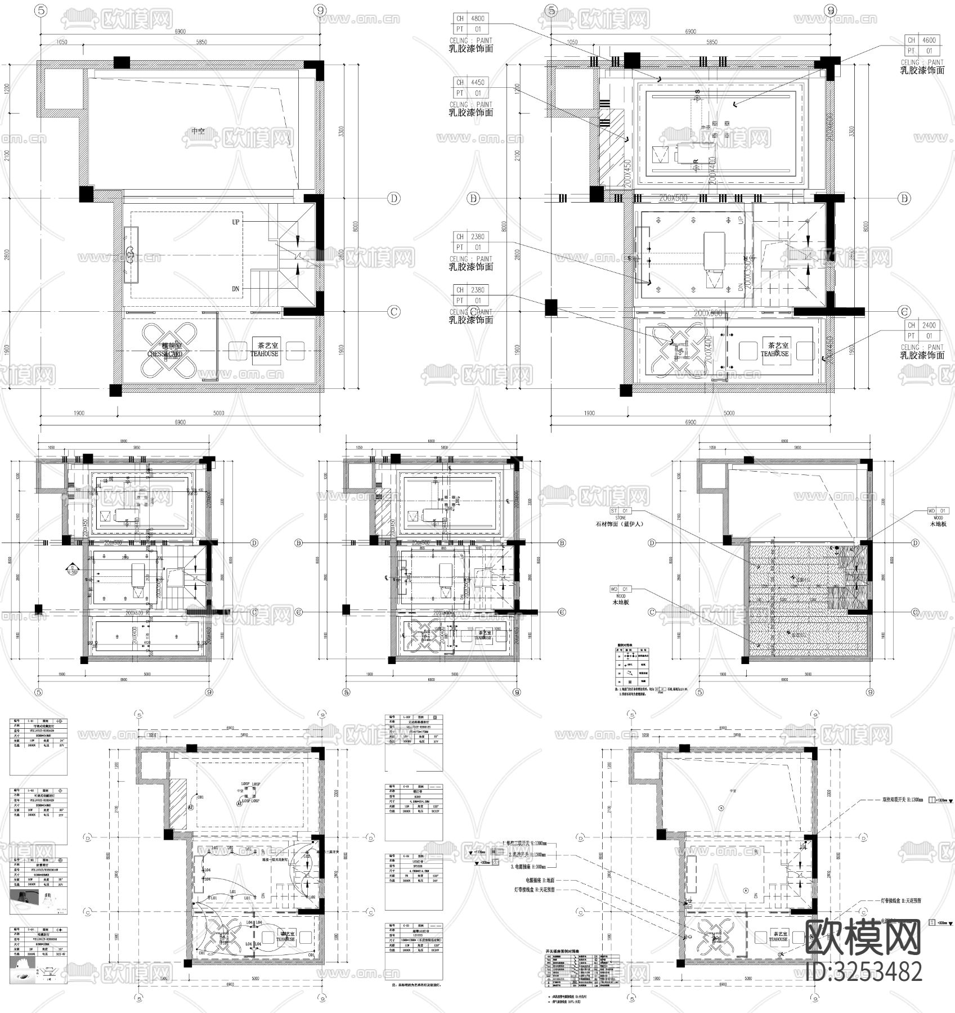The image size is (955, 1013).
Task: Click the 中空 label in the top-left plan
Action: (x=198, y=131)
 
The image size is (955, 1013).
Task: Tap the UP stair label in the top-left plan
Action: (x=236, y=222)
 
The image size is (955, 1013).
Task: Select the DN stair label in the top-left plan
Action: (x=236, y=289)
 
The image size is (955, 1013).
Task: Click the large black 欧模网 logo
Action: (x=863, y=938)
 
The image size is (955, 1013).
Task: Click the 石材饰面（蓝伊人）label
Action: (x=619, y=524)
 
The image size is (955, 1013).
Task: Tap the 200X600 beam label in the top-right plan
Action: (x=707, y=313)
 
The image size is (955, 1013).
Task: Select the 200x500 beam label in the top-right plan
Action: (x=674, y=198)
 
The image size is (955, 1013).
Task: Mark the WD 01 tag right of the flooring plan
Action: (x=938, y=510)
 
